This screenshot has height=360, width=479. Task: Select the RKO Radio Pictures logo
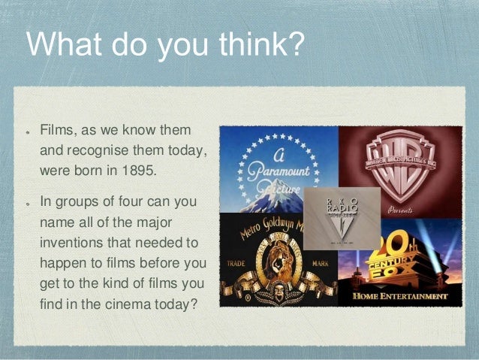(342, 217)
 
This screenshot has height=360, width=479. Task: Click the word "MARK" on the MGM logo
(319, 265)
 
